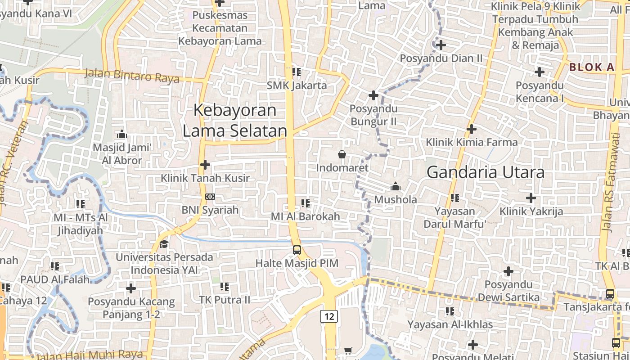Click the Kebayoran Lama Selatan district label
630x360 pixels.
point(234,120)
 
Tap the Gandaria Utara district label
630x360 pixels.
point(486,172)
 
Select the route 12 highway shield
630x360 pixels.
point(329,316)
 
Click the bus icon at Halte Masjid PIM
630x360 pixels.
point(297,250)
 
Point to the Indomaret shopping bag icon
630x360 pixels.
point(342,154)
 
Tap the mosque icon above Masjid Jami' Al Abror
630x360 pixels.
point(121,134)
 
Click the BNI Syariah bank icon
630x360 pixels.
point(210,197)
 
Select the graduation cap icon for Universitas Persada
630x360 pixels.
point(164,244)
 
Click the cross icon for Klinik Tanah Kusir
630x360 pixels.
point(205,165)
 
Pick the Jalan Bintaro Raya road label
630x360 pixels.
point(131,76)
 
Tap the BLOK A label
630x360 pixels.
point(592,67)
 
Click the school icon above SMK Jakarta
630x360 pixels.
point(296,72)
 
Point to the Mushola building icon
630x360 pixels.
point(396,186)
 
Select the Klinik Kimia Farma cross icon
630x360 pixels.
point(472,129)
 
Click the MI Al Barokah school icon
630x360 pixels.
point(306,203)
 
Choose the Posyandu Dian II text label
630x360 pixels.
point(441,58)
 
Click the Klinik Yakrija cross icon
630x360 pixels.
point(531,198)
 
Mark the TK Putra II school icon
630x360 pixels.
point(225,286)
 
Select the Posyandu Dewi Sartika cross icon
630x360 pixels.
point(508,271)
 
